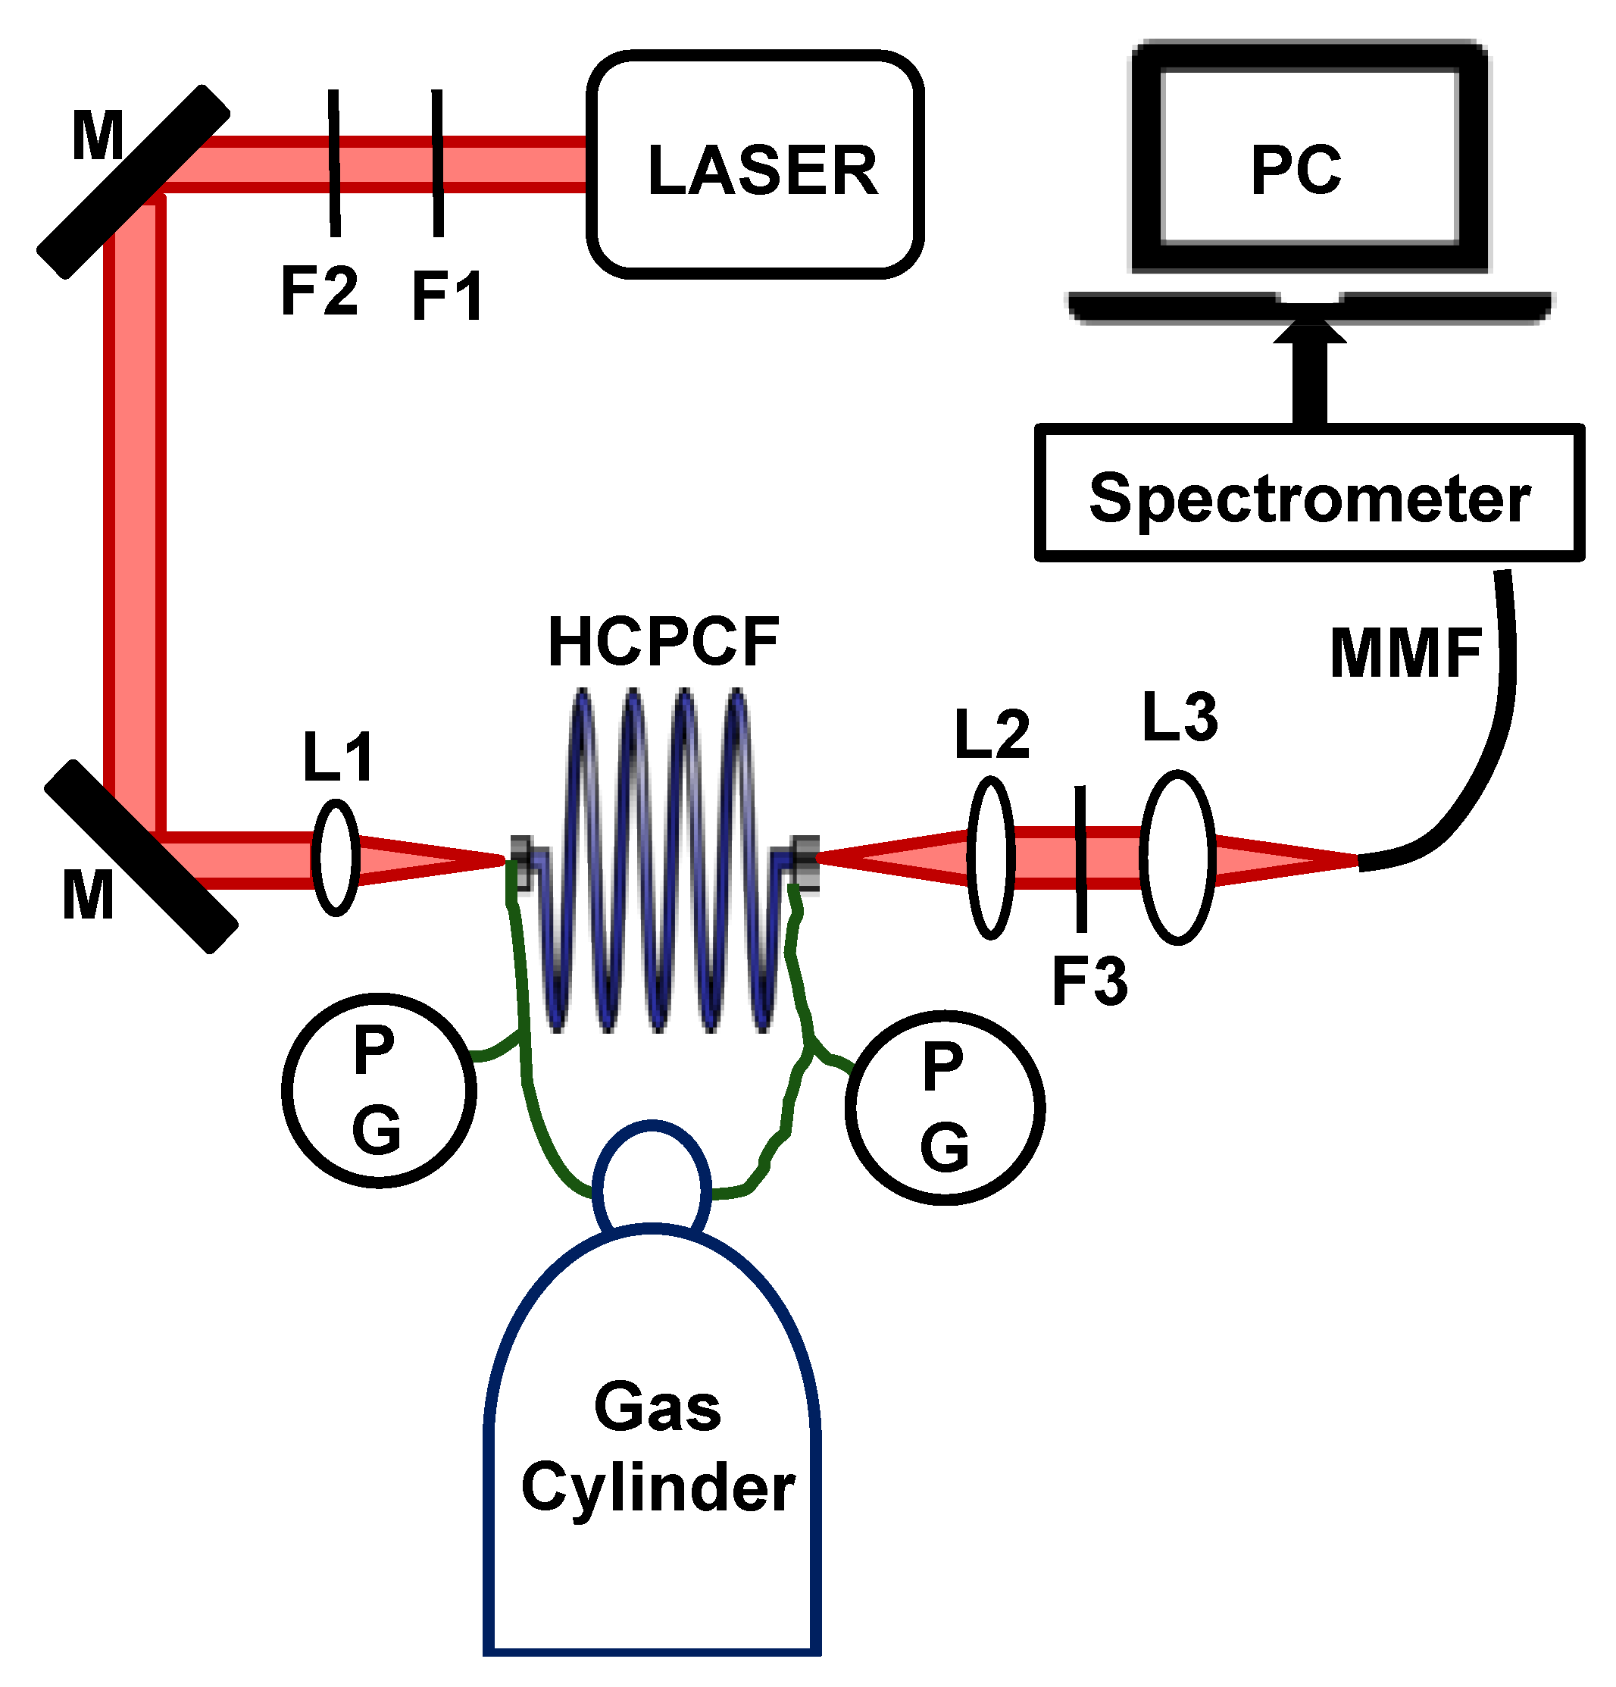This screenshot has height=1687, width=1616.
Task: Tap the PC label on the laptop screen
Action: point(1294,169)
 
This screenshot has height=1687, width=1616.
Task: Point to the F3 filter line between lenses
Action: point(1080,857)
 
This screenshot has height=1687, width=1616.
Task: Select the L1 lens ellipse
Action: point(335,857)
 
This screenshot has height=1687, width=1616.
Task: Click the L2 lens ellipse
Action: point(989,857)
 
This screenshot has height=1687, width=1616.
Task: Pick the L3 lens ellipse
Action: point(1177,857)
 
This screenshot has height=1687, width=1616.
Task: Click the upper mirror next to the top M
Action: point(133,182)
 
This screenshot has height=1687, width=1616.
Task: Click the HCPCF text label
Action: point(663,642)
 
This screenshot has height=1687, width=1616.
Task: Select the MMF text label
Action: point(1405,653)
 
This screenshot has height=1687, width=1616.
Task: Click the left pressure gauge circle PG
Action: point(379,1090)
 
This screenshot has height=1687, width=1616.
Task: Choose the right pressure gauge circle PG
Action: point(944,1107)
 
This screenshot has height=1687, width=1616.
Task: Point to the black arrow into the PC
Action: point(1309,370)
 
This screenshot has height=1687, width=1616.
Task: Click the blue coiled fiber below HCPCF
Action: point(658,861)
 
